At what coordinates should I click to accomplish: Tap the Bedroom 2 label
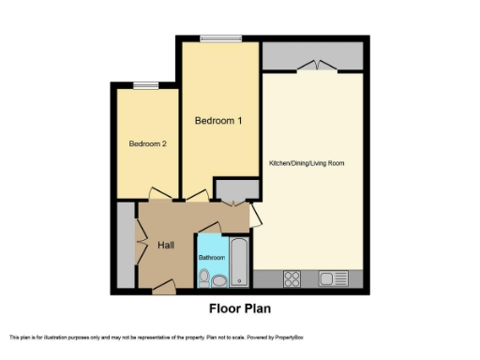[148, 143]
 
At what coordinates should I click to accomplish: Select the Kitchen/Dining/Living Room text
[307, 163]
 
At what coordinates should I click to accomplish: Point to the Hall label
[165, 245]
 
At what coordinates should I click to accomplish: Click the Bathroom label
[211, 257]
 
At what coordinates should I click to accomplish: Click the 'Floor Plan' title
[239, 307]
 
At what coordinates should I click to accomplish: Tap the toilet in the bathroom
[204, 277]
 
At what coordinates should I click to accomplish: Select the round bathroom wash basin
[219, 278]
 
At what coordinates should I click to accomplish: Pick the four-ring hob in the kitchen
[292, 277]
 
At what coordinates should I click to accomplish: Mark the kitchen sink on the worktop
[330, 277]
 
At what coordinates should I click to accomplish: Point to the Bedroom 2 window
[144, 85]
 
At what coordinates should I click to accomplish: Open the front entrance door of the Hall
[164, 286]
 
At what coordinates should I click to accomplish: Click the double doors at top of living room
[313, 66]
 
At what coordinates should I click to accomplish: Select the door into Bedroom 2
[158, 195]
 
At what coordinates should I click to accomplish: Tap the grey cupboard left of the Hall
[125, 246]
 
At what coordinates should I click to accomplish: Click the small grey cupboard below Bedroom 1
[228, 190]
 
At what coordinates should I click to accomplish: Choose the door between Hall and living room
[255, 215]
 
